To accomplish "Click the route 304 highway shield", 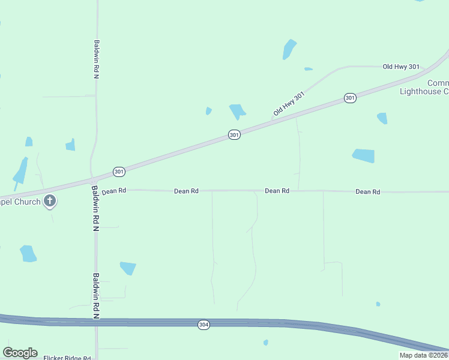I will (203, 325).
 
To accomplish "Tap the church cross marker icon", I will (50, 202).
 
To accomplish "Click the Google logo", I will (20, 353).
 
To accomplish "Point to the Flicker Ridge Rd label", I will (67, 358).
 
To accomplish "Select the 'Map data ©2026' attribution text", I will (424, 355).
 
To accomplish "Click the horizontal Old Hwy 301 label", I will (401, 67).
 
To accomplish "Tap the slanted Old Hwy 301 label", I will (289, 104).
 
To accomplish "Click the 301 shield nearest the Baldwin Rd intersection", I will (119, 172).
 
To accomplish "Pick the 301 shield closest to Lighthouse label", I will (350, 97).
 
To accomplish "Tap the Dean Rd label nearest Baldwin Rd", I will (114, 191).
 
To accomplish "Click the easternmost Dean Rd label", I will (367, 191).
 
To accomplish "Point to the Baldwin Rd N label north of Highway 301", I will (96, 60).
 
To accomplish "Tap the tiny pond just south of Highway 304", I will (265, 343).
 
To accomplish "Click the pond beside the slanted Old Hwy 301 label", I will (238, 111).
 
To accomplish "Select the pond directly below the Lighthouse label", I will (382, 118).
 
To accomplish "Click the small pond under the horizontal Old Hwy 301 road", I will (308, 69).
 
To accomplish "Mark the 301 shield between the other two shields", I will (234, 136).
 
